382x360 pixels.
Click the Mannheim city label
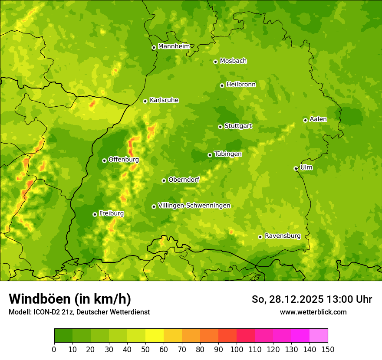pyautogui.click(x=174, y=46)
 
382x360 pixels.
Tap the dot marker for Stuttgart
pyautogui.click(x=220, y=127)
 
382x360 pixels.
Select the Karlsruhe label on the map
pyautogui.click(x=164, y=100)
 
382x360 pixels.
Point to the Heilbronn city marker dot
pyautogui.click(x=222, y=85)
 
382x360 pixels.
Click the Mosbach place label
pyautogui.click(x=233, y=61)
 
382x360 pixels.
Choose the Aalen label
pyautogui.click(x=318, y=119)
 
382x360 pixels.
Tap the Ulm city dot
pyautogui.click(x=296, y=168)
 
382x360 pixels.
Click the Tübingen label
pyautogui.click(x=228, y=154)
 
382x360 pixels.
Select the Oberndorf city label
pyautogui.click(x=184, y=180)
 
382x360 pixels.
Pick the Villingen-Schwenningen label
pyautogui.click(x=194, y=206)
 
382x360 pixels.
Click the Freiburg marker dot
pyautogui.click(x=95, y=214)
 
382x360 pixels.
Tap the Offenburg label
pyautogui.click(x=124, y=160)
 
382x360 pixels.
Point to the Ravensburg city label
pyautogui.click(x=283, y=236)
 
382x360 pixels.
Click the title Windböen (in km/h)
pyautogui.click(x=70, y=299)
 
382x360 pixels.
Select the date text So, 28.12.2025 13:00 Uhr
pyautogui.click(x=312, y=299)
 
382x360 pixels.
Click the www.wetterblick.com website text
pyautogui.click(x=313, y=312)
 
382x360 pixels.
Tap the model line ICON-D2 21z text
pyautogui.click(x=79, y=312)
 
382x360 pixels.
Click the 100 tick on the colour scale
pyautogui.click(x=237, y=349)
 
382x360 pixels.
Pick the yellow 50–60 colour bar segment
pyautogui.click(x=155, y=336)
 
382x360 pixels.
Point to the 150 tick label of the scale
pyautogui.click(x=328, y=349)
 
